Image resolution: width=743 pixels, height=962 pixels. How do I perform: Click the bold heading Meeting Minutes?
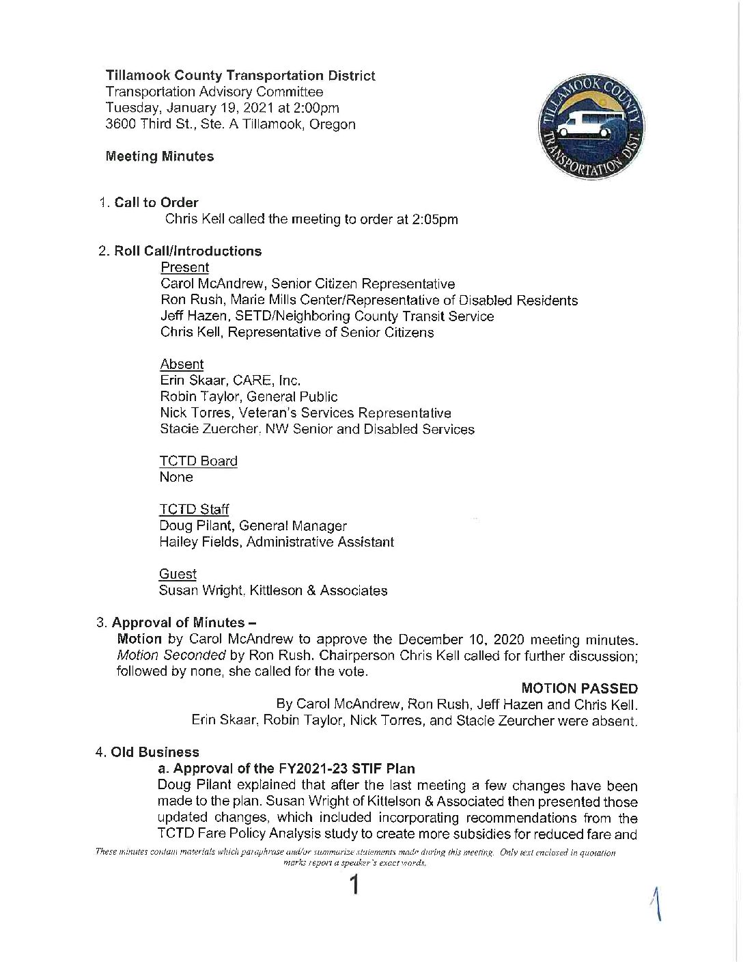[x=160, y=156]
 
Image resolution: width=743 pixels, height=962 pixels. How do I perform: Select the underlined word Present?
[x=184, y=267]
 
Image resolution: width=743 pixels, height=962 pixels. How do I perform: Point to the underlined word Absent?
[x=182, y=364]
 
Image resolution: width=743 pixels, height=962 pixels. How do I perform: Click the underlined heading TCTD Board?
[x=198, y=461]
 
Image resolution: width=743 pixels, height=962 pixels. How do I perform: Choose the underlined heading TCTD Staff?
[x=194, y=510]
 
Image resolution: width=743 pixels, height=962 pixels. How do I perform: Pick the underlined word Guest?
[x=178, y=574]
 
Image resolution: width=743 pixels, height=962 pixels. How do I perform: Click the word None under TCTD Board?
[x=176, y=478]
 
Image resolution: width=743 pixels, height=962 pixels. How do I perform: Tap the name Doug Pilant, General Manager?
[x=253, y=526]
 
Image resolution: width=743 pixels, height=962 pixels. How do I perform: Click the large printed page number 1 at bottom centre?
[x=354, y=886]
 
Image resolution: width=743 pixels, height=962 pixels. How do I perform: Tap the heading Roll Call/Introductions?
[x=188, y=251]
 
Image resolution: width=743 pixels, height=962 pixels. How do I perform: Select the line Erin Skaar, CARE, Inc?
[x=230, y=381]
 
